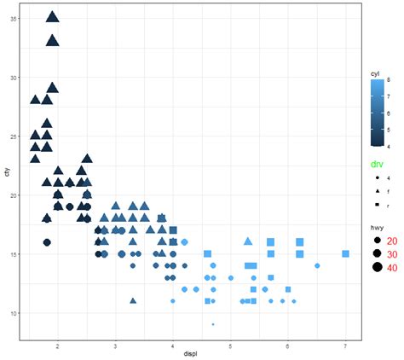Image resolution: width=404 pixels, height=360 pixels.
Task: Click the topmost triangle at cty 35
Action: click(52, 16)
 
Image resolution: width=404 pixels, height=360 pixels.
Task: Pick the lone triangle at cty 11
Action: click(132, 276)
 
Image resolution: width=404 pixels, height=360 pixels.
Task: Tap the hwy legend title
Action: click(375, 227)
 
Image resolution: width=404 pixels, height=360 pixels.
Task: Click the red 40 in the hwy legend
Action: click(394, 267)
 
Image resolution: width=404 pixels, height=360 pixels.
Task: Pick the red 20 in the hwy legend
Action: click(394, 241)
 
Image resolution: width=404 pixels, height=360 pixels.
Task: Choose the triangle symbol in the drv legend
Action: click(376, 192)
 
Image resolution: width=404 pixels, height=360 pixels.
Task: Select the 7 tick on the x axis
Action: click(345, 345)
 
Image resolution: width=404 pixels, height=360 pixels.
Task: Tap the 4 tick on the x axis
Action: click(172, 345)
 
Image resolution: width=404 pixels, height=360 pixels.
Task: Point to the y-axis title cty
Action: click(6, 174)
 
